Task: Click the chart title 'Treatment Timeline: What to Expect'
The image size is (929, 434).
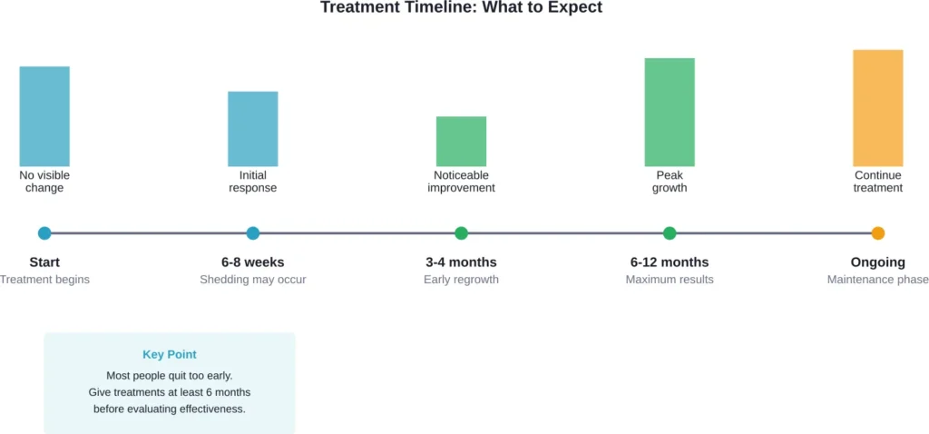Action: pyautogui.click(x=461, y=7)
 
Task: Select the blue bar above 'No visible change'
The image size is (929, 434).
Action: pyautogui.click(x=44, y=116)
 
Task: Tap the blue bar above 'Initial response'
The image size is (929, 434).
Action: pyautogui.click(x=252, y=128)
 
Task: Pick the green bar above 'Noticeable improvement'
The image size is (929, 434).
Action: pyautogui.click(x=461, y=141)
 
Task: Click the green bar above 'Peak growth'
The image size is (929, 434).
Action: pyautogui.click(x=670, y=112)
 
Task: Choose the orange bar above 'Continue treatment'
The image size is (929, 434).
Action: pyautogui.click(x=877, y=108)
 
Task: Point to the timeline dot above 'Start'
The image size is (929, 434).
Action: pyautogui.click(x=44, y=233)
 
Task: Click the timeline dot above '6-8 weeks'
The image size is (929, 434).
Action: pyautogui.click(x=253, y=233)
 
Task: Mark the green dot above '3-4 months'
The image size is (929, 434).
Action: pyautogui.click(x=461, y=233)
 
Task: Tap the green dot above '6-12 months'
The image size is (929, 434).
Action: pyautogui.click(x=670, y=233)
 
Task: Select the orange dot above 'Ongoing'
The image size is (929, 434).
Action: pyautogui.click(x=877, y=233)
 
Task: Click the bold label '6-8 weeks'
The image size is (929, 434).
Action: pyautogui.click(x=253, y=262)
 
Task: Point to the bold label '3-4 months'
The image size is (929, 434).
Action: pyautogui.click(x=461, y=262)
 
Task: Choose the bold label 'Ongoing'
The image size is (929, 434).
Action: pyautogui.click(x=877, y=262)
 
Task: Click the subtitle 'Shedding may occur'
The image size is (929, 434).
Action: pyautogui.click(x=253, y=280)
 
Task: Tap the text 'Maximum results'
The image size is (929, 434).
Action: pyautogui.click(x=670, y=280)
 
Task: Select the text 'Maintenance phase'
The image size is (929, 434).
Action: pyautogui.click(x=877, y=280)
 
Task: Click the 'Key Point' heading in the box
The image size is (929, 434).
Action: pyautogui.click(x=170, y=355)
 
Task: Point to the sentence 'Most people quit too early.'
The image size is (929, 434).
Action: pyautogui.click(x=170, y=375)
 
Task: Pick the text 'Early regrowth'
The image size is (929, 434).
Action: pyautogui.click(x=461, y=280)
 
